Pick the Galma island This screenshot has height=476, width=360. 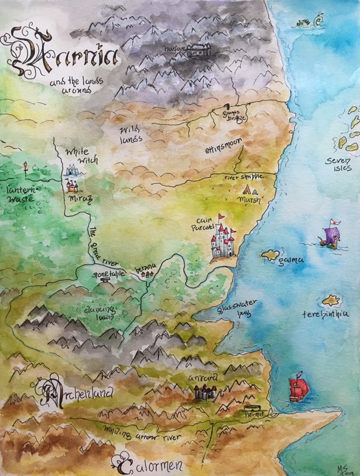[269, 255]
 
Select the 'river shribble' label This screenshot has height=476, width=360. [244, 177]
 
